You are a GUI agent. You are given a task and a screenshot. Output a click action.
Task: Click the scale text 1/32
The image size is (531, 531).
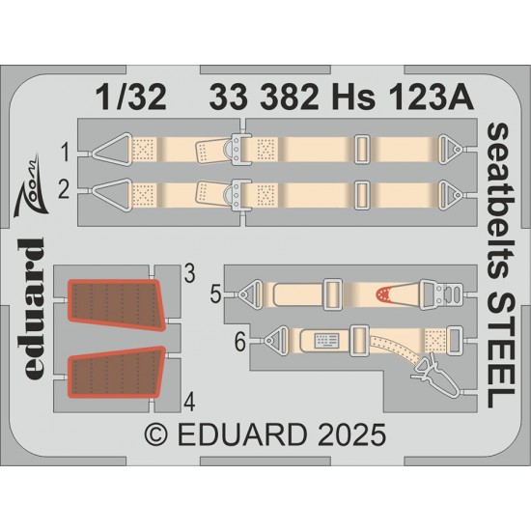coord(131,97)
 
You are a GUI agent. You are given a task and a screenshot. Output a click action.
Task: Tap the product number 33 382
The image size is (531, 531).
coord(264,98)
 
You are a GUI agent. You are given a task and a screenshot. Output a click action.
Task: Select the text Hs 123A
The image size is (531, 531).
coord(403,98)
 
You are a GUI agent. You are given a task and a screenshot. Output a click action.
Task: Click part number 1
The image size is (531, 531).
coord(65,152)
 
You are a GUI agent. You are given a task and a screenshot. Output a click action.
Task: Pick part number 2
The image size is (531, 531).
coord(64,189)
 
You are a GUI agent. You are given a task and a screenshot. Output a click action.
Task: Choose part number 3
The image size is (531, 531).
coord(189,273)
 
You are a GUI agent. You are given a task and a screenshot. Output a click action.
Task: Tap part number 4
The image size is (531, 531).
coord(189,403)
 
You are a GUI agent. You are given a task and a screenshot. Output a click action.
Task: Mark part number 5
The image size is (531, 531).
coord(215,293)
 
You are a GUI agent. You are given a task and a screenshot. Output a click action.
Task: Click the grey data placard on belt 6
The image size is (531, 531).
coord(327,340)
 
